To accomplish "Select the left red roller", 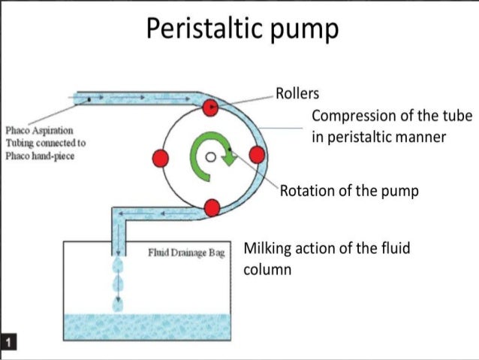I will [159, 158].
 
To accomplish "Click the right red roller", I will [257, 156].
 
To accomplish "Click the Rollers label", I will [297, 94].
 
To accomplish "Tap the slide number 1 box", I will [8, 343].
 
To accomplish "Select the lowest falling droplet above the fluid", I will [117, 304].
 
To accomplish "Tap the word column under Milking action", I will [267, 268].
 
